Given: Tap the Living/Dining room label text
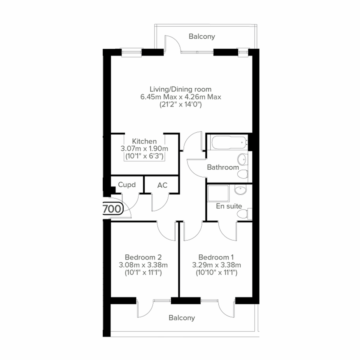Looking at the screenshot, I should (x=180, y=89).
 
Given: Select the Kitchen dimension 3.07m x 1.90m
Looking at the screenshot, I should (x=144, y=148).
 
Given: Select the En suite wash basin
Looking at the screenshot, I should (x=240, y=190).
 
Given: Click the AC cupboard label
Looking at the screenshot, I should (x=162, y=185).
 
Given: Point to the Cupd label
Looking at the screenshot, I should (x=127, y=185).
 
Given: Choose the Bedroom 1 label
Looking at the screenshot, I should (x=216, y=257).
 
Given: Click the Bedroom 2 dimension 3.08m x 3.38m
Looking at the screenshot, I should (x=143, y=265).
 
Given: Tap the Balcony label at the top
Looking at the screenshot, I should (x=202, y=36).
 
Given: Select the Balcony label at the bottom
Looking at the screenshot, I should (x=181, y=318).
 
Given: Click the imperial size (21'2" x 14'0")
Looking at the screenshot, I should (x=180, y=105).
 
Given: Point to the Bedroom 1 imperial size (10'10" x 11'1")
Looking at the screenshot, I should (x=216, y=273).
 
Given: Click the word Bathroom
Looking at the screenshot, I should (x=223, y=167).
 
